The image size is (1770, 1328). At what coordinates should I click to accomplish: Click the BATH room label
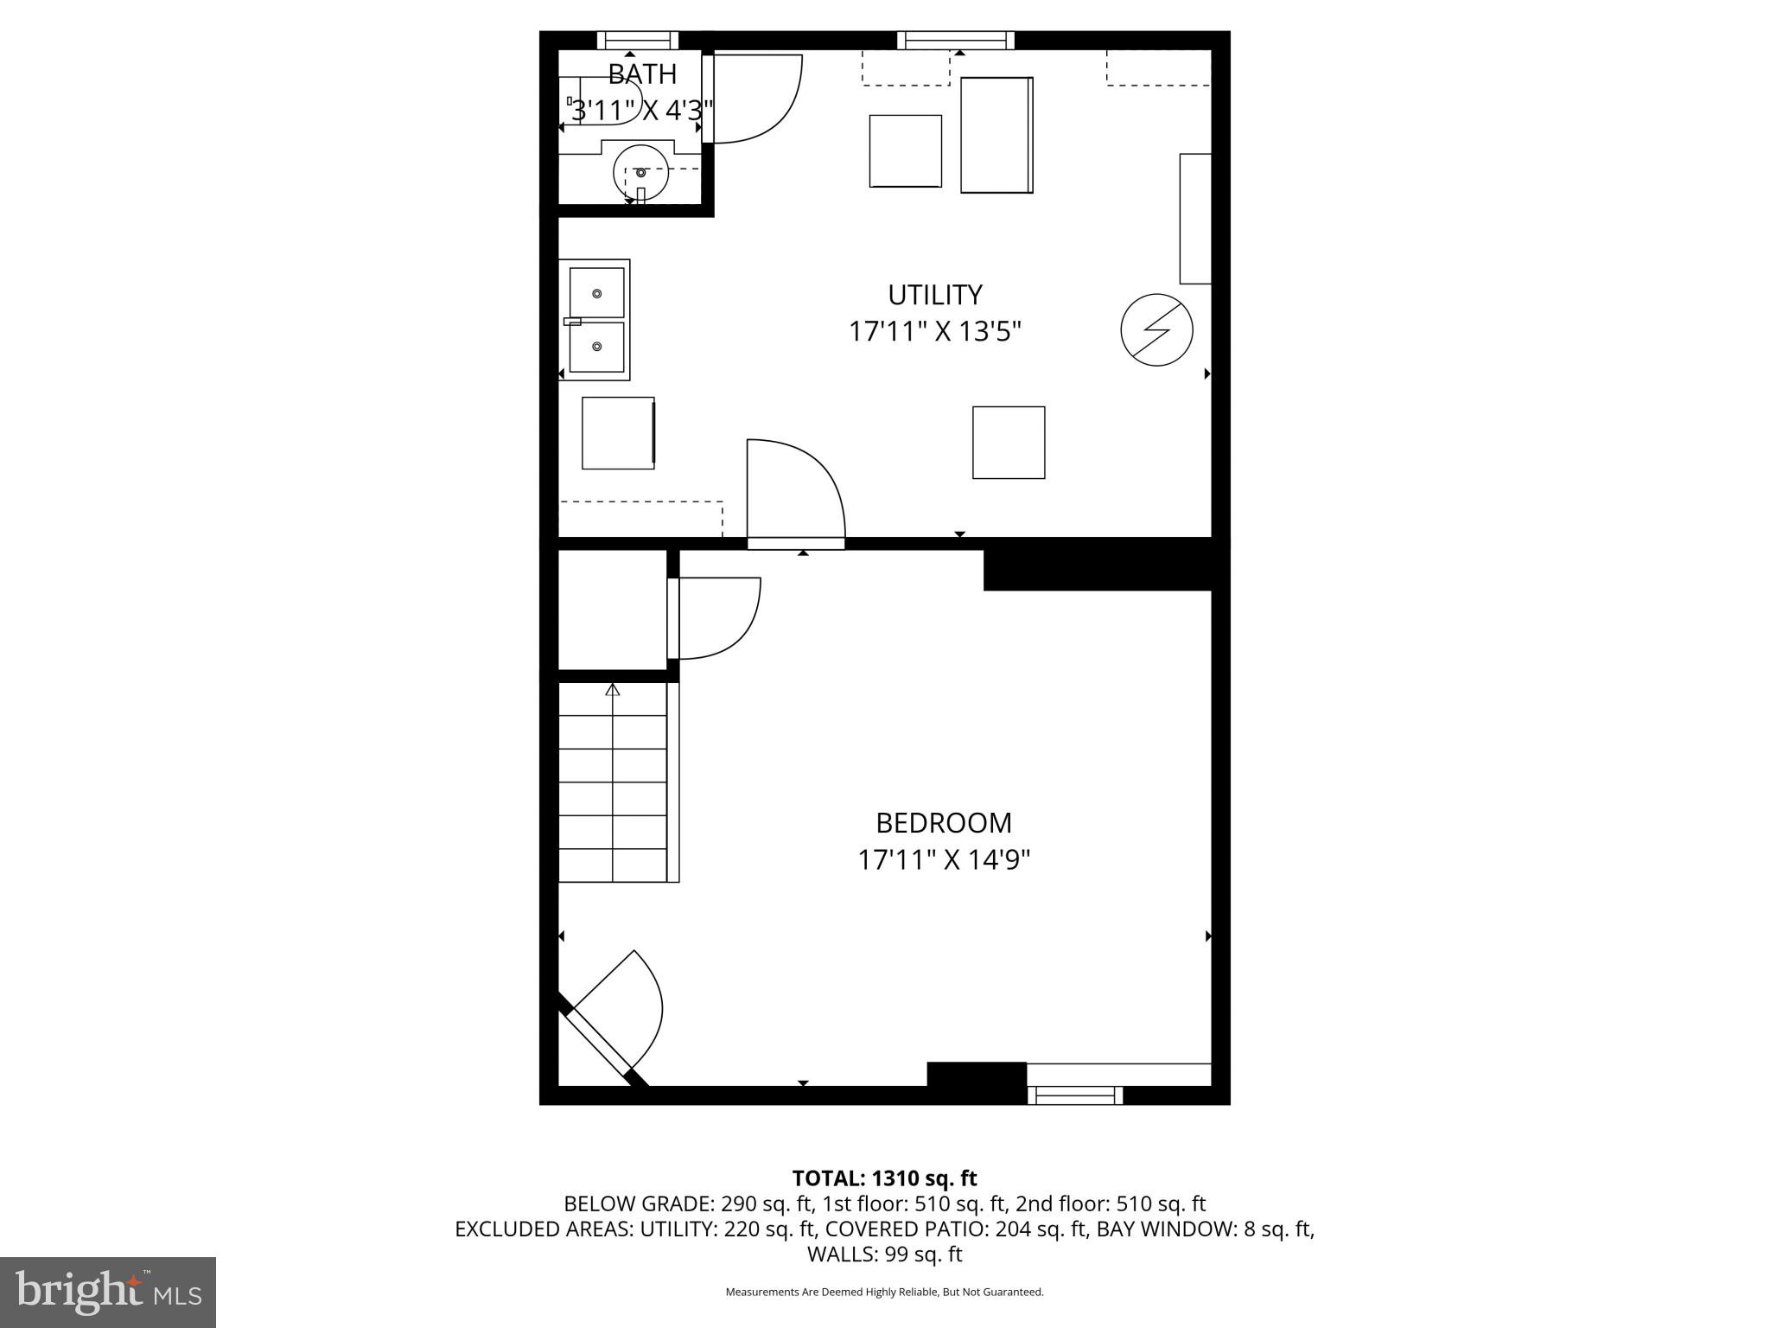point(642,74)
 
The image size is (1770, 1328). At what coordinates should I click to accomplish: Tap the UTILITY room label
point(935,295)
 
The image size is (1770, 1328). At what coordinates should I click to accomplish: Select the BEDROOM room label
point(944,822)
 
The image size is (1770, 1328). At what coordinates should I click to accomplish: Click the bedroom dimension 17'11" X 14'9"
point(944,860)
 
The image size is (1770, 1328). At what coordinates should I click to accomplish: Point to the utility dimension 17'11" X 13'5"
point(935,332)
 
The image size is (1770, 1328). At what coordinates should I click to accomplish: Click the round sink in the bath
point(640,172)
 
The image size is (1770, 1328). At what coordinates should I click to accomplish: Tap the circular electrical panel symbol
point(1156,329)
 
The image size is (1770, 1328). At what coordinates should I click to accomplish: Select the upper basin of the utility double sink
point(596,293)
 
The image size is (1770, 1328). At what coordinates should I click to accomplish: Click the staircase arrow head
point(613,689)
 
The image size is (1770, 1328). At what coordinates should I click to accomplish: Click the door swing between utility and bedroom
point(795,488)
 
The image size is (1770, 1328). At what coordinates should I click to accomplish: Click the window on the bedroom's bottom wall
point(1075,1095)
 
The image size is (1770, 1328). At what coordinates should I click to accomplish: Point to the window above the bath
point(638,40)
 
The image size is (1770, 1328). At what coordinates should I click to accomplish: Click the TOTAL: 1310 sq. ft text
point(884,1178)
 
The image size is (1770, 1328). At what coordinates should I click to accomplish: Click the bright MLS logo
point(108,1292)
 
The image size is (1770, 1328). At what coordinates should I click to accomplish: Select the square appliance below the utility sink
point(618,432)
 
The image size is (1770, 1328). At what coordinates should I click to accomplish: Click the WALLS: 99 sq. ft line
point(884,1254)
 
